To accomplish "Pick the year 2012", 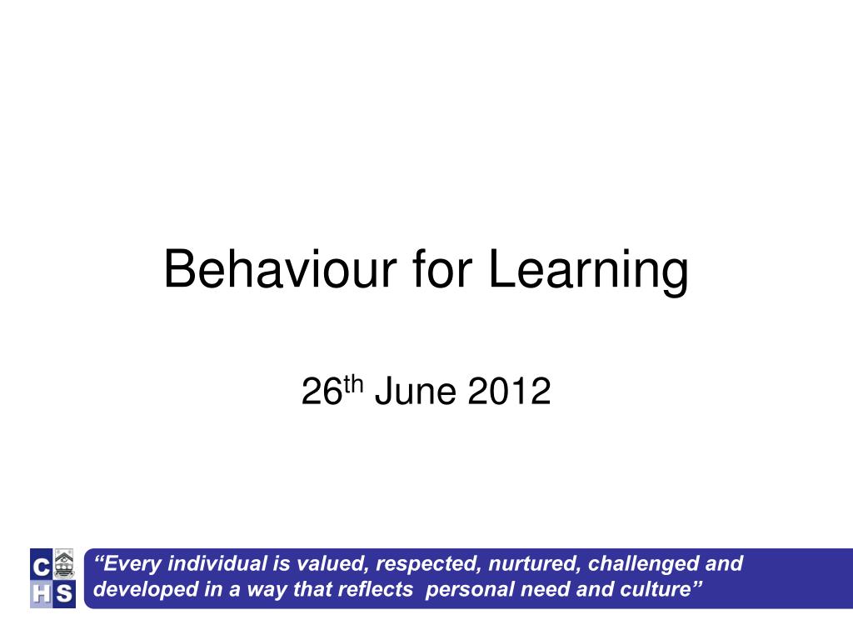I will [509, 391].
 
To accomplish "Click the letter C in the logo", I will [40, 567].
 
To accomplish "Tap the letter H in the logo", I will [40, 594].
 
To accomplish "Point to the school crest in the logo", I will [64, 565].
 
